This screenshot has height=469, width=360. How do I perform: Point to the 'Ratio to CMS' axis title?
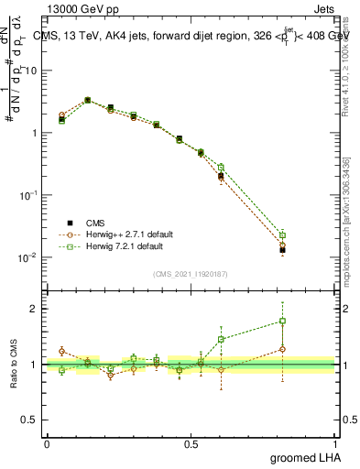[x=14, y=365]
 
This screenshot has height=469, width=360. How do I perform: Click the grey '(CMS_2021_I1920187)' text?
[x=191, y=273]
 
